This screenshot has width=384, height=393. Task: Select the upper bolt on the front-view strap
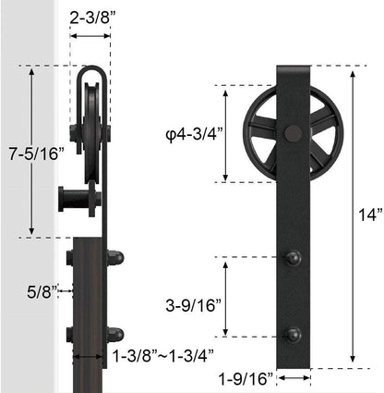coord(294,258)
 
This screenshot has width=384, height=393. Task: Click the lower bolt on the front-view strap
coord(294,335)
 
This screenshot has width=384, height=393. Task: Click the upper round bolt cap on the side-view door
coord(115,258)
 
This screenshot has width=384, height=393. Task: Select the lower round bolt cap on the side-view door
coord(115,334)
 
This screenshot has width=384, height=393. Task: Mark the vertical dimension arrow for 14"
coord(352,215)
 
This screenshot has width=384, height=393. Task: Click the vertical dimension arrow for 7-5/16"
coord(32,111)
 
